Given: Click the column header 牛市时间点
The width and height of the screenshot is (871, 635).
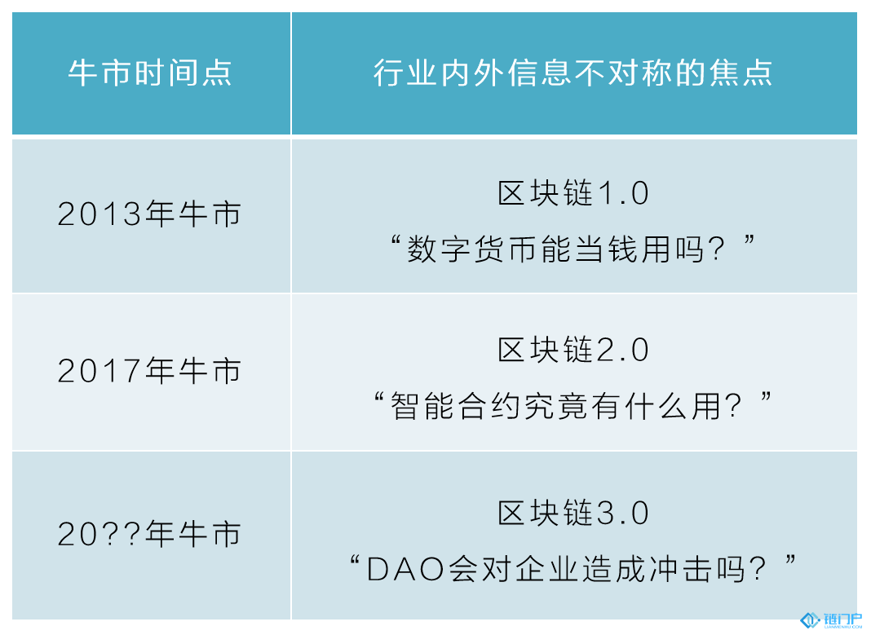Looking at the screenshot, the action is point(150,73).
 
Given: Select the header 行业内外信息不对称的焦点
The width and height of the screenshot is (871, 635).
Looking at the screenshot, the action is point(573,73).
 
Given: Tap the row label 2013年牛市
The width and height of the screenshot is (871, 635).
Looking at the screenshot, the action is point(149,214).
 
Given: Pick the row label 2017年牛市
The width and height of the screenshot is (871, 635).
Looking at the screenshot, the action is point(149,370).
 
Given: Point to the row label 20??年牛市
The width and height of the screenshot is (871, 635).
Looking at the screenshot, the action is point(149,533).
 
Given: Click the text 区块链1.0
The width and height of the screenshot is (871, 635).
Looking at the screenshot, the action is point(573,192).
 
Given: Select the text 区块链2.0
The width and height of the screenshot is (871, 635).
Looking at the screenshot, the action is point(573,349).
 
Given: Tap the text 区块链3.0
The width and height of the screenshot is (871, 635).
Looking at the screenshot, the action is point(573,513).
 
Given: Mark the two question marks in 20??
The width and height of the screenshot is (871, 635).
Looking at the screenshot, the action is point(122,534).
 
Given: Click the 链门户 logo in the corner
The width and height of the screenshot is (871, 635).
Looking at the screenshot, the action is point(831,620).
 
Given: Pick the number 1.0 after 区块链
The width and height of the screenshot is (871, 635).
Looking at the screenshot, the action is point(624,193).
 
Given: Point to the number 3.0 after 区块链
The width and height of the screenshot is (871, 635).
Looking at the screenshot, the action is point(624,513).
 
